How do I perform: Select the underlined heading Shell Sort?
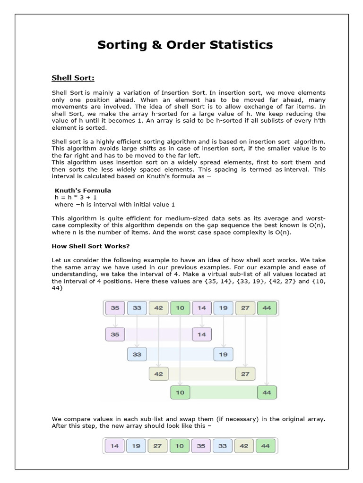pyautogui.click(x=73, y=77)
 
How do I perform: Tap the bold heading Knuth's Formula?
pyautogui.click(x=83, y=190)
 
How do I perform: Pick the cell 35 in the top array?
pyautogui.click(x=115, y=308)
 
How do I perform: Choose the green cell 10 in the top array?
pyautogui.click(x=180, y=308)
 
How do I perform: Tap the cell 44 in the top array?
pyautogui.click(x=267, y=308)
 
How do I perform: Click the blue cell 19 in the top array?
pyautogui.click(x=223, y=308)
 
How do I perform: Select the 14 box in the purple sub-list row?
pyautogui.click(x=202, y=335)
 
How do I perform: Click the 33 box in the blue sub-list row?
pyautogui.click(x=137, y=354)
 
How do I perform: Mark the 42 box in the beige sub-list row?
pyautogui.click(x=159, y=374)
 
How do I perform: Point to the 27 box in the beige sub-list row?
pyautogui.click(x=245, y=374)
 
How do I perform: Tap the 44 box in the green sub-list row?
pyautogui.click(x=267, y=392)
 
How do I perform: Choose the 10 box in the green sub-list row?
pyautogui.click(x=180, y=392)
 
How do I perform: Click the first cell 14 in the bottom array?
pyautogui.click(x=115, y=446)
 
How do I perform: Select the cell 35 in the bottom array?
pyautogui.click(x=202, y=446)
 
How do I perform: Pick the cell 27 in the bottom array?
pyautogui.click(x=158, y=446)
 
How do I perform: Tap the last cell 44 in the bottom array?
pyautogui.click(x=267, y=446)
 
